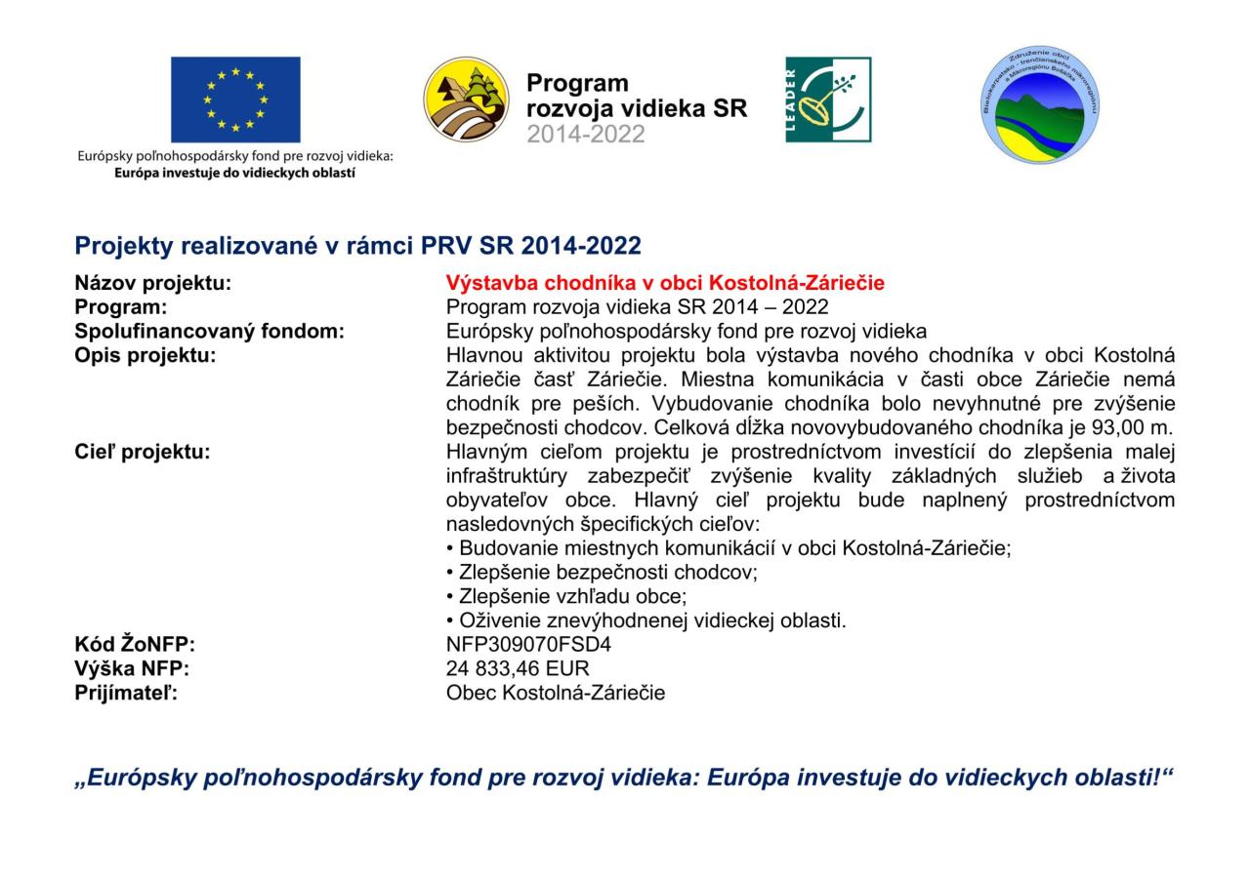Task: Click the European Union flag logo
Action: click(235, 100)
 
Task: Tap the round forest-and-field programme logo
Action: click(467, 100)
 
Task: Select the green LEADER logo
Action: click(828, 100)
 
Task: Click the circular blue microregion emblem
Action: click(1039, 104)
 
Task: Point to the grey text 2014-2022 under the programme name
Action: click(586, 135)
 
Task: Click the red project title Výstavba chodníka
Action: click(665, 283)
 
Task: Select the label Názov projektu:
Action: click(153, 283)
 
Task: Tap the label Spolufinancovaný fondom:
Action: click(210, 331)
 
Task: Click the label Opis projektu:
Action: click(146, 355)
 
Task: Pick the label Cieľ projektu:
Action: click(143, 452)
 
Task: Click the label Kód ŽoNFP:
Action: click(135, 645)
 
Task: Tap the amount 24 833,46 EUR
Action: click(518, 668)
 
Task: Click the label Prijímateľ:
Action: click(127, 693)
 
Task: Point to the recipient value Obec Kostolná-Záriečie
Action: click(555, 693)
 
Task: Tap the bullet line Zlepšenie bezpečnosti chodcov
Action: click(602, 572)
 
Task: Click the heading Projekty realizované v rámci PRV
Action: click(357, 245)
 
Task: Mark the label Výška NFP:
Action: click(132, 668)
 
